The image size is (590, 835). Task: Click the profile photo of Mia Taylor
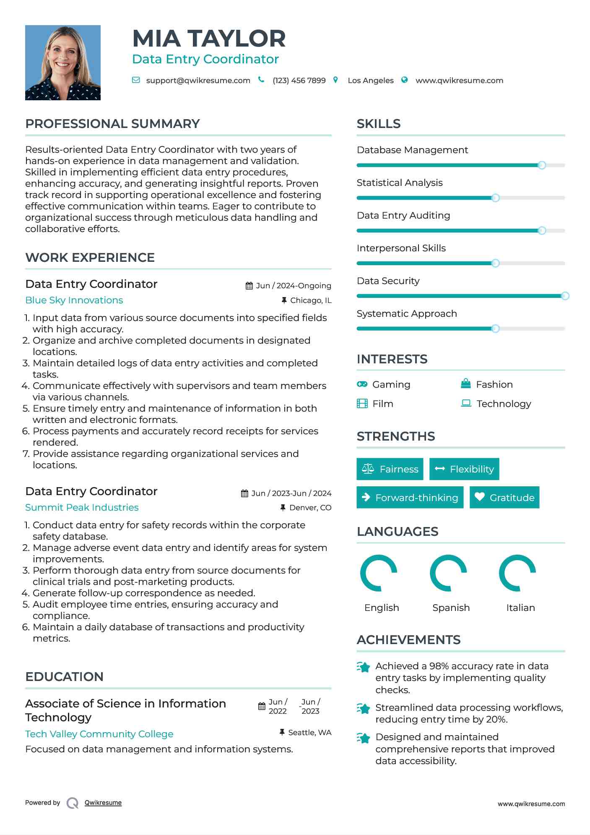(x=63, y=63)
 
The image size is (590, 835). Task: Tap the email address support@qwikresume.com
(x=198, y=81)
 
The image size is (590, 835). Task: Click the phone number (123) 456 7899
(x=299, y=81)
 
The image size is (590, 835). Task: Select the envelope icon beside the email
(x=136, y=80)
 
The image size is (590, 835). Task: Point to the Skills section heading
(x=378, y=124)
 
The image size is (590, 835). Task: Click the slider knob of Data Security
(x=565, y=296)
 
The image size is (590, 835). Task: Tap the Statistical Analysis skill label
(x=399, y=183)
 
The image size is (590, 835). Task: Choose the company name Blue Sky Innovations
(x=74, y=300)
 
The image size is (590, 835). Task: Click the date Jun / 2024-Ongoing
(x=293, y=286)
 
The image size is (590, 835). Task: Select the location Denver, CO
(x=310, y=508)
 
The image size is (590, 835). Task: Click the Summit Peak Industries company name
(x=82, y=507)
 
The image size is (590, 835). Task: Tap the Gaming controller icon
(x=362, y=384)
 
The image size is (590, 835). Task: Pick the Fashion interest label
(x=494, y=384)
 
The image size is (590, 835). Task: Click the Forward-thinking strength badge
(x=410, y=497)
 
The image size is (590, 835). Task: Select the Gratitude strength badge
(x=504, y=497)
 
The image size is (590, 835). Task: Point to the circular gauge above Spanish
(x=448, y=573)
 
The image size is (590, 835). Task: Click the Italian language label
(x=520, y=608)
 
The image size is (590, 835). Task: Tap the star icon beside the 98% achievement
(x=363, y=667)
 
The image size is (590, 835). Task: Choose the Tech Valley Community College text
(x=99, y=734)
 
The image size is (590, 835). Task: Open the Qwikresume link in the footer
(x=103, y=803)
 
